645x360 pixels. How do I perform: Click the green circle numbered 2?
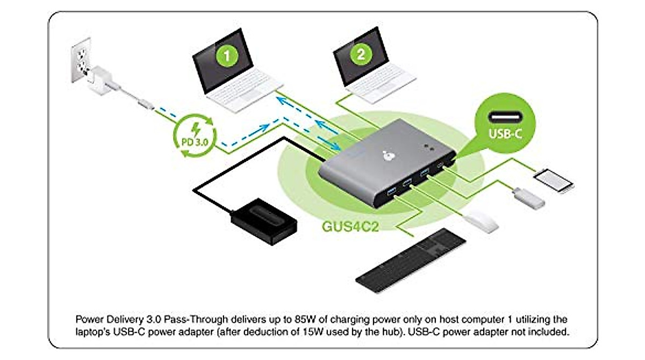[360, 53]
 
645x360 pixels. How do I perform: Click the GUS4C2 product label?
[350, 226]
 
